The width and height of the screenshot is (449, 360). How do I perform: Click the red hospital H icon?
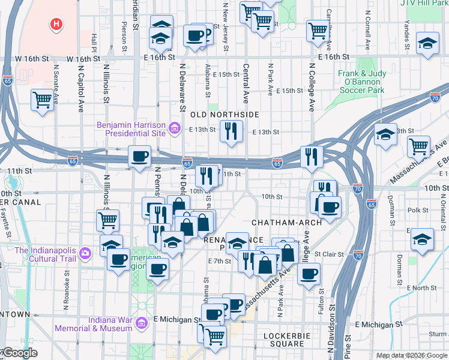point(56,24)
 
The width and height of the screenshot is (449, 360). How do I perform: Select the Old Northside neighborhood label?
point(224,114)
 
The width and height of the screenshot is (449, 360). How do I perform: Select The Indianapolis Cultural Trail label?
point(46,254)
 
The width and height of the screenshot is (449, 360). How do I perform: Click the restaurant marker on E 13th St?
point(231,131)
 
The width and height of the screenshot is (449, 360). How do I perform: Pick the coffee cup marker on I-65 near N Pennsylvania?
point(140,157)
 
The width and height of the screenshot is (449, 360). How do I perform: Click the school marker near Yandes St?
point(427,43)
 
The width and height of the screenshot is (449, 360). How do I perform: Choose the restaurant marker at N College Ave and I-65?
point(311,157)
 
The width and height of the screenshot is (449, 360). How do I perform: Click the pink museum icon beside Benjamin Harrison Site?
point(175,127)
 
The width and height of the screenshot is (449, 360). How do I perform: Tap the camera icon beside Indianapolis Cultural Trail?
point(85,254)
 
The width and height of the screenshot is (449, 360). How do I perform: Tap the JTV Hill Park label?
point(423,3)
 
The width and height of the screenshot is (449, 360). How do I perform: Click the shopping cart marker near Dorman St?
point(418,146)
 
